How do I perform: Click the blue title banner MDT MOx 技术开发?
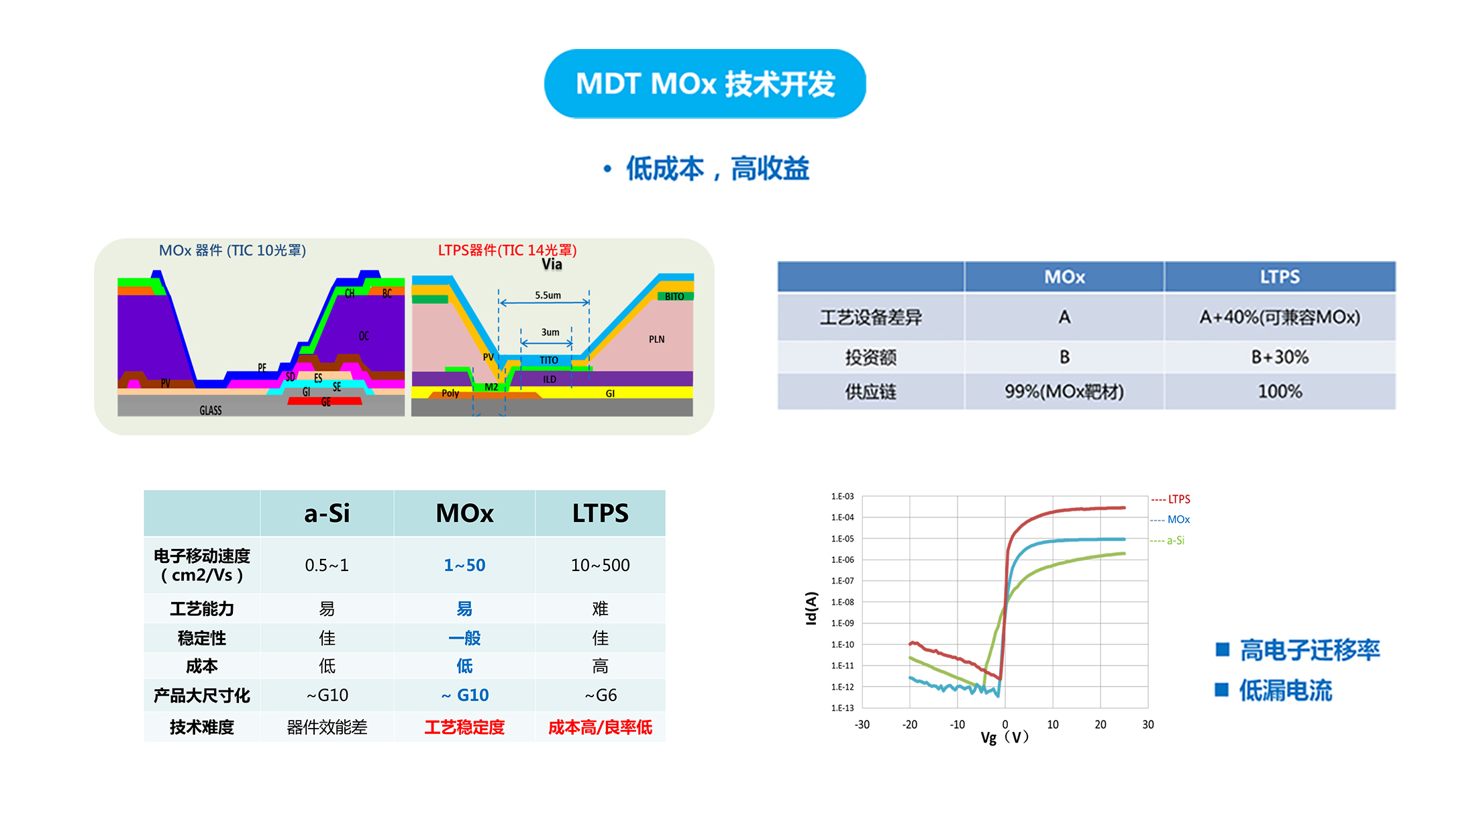705,84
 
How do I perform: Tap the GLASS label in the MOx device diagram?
210,410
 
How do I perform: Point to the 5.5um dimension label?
548,295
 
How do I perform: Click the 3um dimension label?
550,332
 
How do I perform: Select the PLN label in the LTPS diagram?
656,340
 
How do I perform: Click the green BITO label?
674,297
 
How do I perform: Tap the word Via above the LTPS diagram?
552,264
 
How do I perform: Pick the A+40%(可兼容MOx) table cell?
1279,317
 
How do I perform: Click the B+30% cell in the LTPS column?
1279,357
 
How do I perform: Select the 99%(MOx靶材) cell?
1064,392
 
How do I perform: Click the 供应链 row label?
870,392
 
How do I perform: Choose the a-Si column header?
327,513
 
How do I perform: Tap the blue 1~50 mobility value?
464,565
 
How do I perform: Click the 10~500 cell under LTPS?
600,565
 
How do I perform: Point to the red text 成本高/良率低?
600,727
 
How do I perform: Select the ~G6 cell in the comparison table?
600,695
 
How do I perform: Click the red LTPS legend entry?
1172,499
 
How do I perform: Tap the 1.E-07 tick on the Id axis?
842,581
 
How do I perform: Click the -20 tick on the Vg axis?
909,725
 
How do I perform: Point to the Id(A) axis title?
811,608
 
